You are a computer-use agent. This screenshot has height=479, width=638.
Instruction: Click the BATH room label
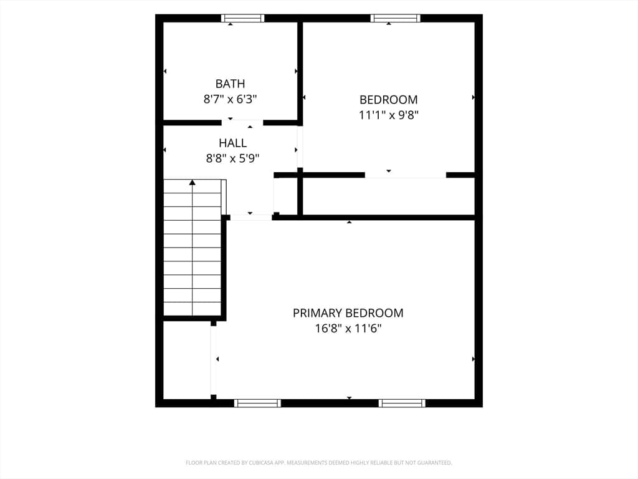coord(230,84)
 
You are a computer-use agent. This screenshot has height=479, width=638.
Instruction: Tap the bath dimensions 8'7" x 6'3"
coord(230,99)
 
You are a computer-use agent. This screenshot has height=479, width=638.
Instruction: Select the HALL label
coord(233,143)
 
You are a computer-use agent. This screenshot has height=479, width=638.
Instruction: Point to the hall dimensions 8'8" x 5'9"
coord(233,158)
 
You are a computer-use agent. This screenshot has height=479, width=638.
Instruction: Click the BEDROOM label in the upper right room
coord(389,99)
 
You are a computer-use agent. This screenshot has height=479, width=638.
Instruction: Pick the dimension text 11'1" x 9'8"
coord(389,115)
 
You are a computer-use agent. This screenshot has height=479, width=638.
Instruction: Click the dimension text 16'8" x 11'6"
coord(348,328)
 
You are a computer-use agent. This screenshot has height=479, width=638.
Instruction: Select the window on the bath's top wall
coord(243,18)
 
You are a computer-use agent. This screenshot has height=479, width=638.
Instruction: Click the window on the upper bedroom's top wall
coord(396,18)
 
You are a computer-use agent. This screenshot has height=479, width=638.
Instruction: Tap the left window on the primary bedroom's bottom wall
coord(257,404)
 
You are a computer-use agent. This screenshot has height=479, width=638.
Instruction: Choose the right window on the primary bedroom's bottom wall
coord(402,404)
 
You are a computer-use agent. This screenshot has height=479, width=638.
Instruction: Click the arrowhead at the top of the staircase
coord(193,182)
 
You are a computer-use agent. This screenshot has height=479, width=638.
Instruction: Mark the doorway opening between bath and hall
coord(242,123)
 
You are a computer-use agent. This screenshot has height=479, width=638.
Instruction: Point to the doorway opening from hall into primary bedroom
coord(251,218)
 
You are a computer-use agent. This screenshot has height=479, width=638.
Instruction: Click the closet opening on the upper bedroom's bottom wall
coord(405,175)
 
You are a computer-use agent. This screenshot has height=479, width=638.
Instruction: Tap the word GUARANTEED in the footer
coord(435,463)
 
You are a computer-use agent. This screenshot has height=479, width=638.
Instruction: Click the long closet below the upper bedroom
coord(389,196)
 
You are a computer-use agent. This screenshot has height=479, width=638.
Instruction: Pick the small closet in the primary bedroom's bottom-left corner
coord(187,360)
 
